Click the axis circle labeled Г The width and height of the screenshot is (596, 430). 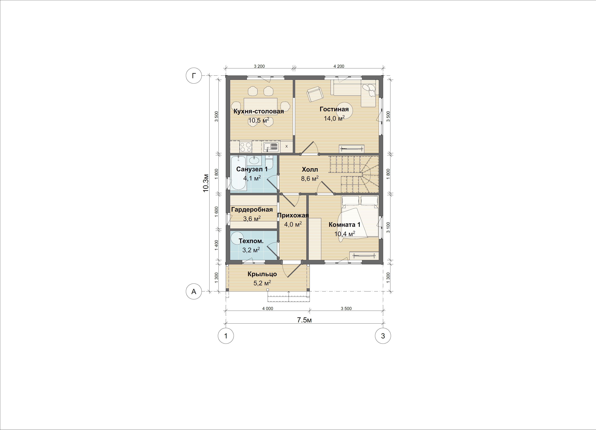point(194,76)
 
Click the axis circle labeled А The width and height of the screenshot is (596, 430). point(194,291)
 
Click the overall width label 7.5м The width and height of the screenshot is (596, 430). point(304,320)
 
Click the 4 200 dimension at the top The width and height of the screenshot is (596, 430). point(339,66)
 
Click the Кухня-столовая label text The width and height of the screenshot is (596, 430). point(259,111)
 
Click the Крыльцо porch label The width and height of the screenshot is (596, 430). point(262,274)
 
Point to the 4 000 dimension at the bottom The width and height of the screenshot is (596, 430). point(268,308)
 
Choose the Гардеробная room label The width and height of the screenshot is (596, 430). point(252,210)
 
